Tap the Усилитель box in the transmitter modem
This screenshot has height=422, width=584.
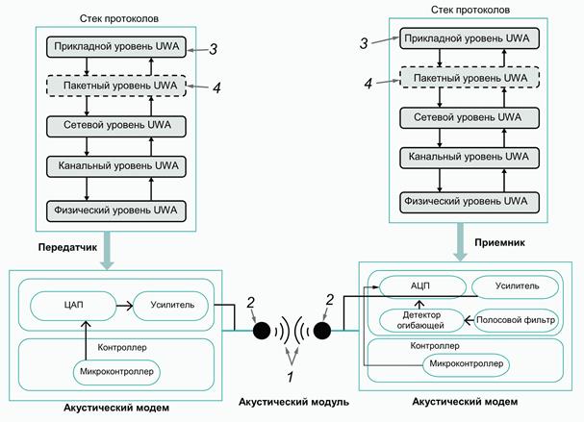[172, 305]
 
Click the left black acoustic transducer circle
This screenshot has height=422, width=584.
[262, 333]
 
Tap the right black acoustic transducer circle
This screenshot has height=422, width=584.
[321, 333]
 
